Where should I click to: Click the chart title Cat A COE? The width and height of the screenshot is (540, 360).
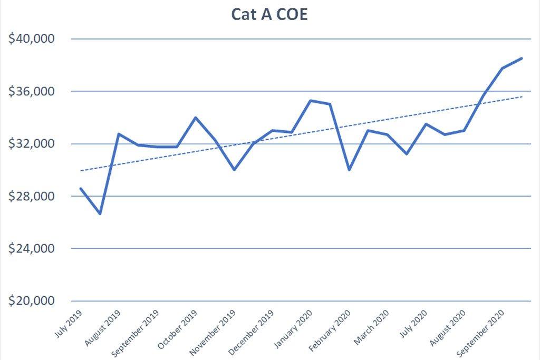pyautogui.click(x=269, y=15)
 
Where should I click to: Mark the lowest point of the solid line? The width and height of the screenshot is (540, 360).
pyautogui.click(x=100, y=214)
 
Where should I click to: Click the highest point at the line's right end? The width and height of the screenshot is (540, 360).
pyautogui.click(x=522, y=59)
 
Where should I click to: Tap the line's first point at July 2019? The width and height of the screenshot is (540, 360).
pyautogui.click(x=81, y=188)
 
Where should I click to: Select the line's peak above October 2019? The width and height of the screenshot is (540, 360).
pyautogui.click(x=196, y=118)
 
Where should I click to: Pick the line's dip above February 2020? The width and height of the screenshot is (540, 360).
pyautogui.click(x=349, y=170)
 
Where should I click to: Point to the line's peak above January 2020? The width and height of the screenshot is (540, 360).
pyautogui.click(x=311, y=100)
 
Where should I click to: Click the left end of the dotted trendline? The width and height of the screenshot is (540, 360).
pyautogui.click(x=81, y=171)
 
